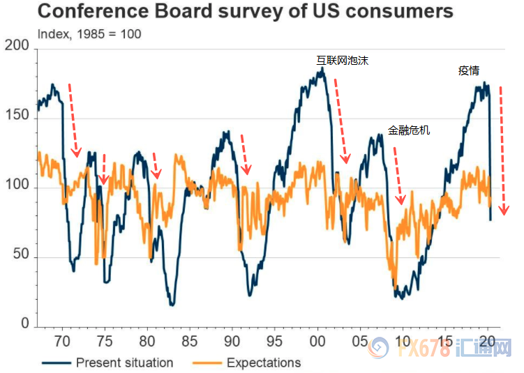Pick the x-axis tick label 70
click(x=63, y=342)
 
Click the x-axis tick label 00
click(x=317, y=342)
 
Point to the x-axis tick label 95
click(x=274, y=342)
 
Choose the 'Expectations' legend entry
click(x=264, y=363)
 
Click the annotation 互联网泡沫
click(x=342, y=61)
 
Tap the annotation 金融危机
click(x=409, y=130)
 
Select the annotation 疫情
click(x=468, y=70)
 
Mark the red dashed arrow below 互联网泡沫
click(x=340, y=122)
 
